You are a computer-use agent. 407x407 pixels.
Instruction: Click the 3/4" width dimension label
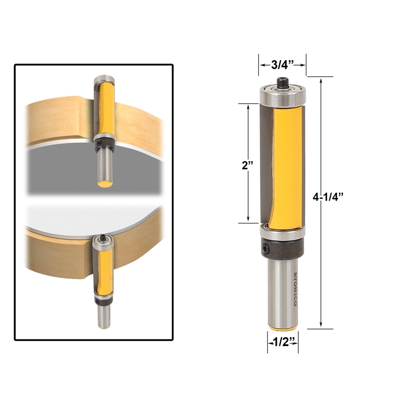[x=282, y=65]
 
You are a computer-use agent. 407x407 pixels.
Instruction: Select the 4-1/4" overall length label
[x=326, y=197]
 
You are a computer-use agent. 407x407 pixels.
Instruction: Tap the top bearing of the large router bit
[x=282, y=94]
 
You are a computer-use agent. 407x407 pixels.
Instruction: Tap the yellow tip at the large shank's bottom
[x=283, y=326]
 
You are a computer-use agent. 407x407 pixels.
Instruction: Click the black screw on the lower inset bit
[x=103, y=237]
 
